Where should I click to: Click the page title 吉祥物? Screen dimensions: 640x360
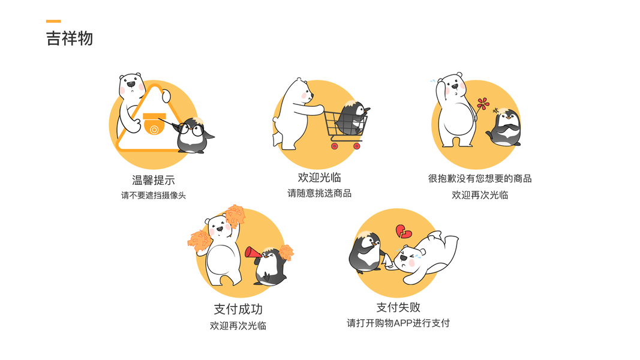coord(70,38)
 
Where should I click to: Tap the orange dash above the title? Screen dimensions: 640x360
coord(53,21)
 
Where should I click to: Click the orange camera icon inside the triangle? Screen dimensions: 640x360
coord(154,124)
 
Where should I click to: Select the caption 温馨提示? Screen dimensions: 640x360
coord(154,180)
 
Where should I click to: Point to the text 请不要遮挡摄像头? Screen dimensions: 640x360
coord(154,196)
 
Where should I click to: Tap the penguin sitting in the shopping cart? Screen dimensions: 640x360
coord(353,117)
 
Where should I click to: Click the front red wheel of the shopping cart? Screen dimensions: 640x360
coord(357,146)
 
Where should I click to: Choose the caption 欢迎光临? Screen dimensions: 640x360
coord(319,178)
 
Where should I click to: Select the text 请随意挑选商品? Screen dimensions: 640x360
coord(319,193)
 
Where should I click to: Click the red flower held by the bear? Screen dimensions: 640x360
coord(483,104)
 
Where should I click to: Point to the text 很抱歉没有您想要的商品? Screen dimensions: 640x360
coord(480,179)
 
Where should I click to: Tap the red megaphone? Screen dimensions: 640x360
coord(253,253)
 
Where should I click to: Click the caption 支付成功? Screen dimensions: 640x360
coord(238,310)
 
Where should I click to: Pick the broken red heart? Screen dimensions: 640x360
coord(404,232)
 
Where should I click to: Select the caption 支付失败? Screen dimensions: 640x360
coord(398,307)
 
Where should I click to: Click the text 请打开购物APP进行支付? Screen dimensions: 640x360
coord(398,323)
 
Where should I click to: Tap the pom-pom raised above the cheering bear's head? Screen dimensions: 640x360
coord(235,215)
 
